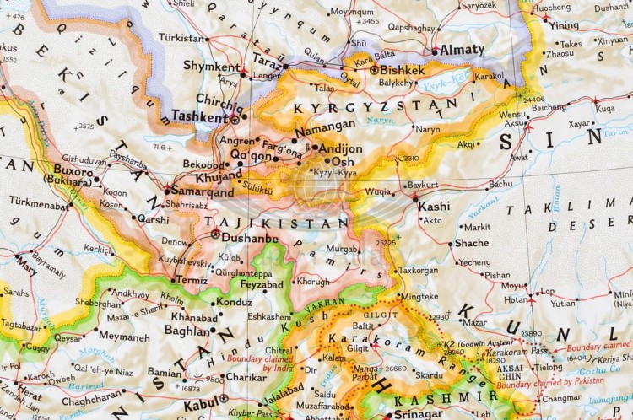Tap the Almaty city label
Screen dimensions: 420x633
pyautogui.click(x=461, y=50)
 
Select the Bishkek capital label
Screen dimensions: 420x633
pyautogui.click(x=403, y=70)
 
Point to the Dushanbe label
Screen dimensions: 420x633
pyautogui.click(x=249, y=239)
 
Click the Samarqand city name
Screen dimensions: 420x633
pyautogui.click(x=203, y=192)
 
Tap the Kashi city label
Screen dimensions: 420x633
pyautogui.click(x=435, y=206)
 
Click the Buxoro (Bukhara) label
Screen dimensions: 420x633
pyautogui.click(x=67, y=175)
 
